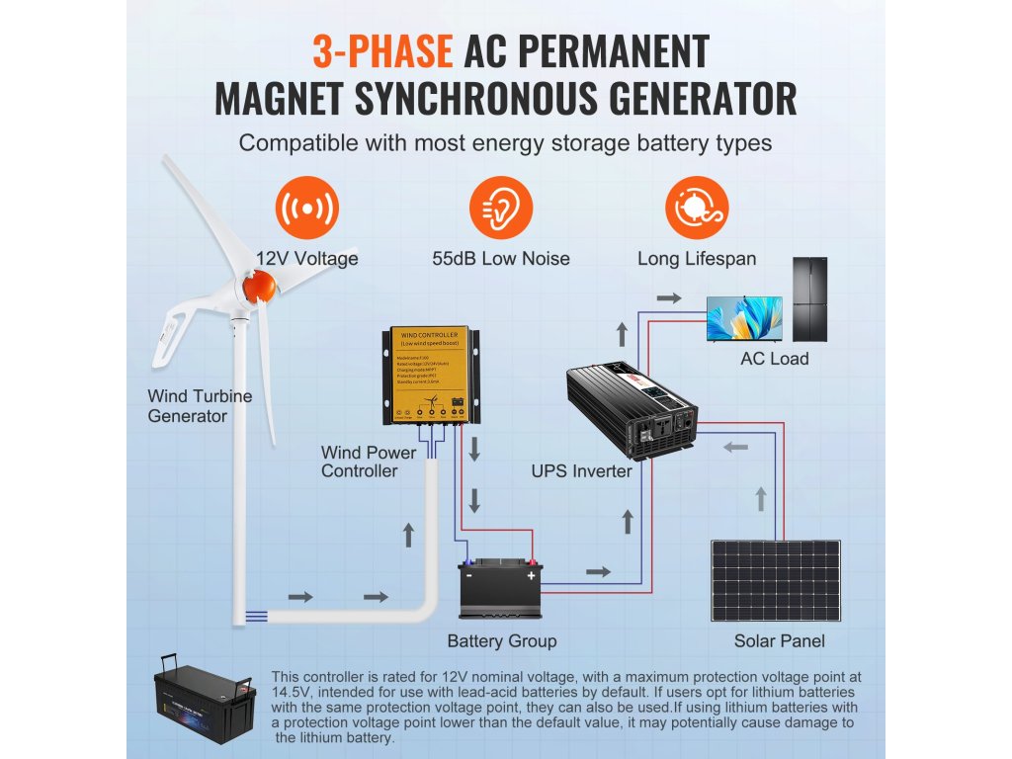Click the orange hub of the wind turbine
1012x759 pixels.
click(x=259, y=287)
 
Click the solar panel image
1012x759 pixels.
click(x=775, y=581)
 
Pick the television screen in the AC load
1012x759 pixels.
click(x=743, y=319)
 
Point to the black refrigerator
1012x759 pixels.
click(x=809, y=299)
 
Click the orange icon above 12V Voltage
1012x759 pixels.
click(x=306, y=210)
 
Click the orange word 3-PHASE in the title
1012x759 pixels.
click(x=381, y=50)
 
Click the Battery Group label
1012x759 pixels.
click(x=501, y=641)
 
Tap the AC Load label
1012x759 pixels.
click(x=774, y=359)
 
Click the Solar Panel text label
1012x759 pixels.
click(x=779, y=641)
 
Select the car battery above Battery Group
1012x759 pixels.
click(x=500, y=589)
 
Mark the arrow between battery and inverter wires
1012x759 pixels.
click(x=599, y=572)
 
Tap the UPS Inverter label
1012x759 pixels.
click(x=581, y=471)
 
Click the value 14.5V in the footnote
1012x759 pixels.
click(x=290, y=694)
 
